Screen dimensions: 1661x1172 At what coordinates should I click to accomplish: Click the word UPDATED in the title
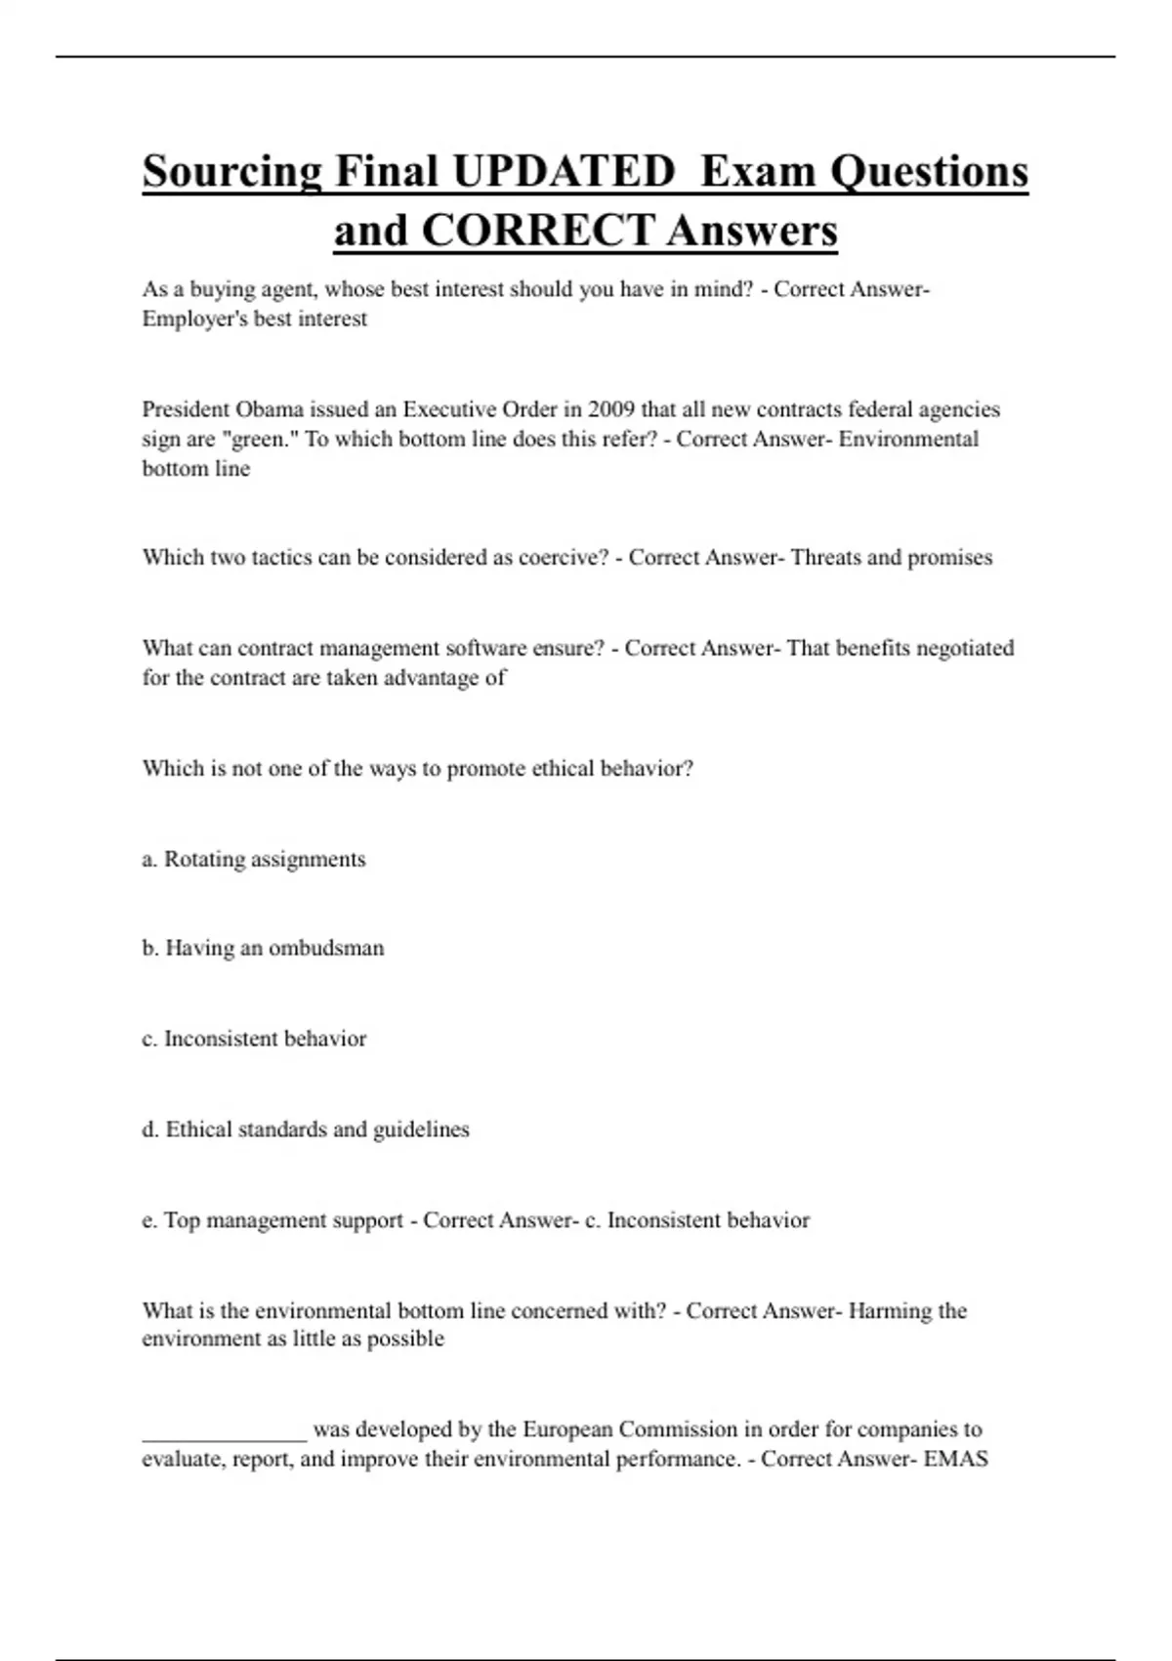(x=564, y=172)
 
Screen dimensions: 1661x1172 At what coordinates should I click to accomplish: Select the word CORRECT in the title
(x=538, y=232)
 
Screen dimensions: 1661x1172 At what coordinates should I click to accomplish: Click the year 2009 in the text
(x=611, y=409)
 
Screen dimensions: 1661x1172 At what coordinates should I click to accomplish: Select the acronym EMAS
(x=956, y=1459)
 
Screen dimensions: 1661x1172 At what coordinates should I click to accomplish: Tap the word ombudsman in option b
(x=326, y=948)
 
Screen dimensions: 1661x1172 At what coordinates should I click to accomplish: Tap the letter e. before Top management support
(x=149, y=1220)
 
